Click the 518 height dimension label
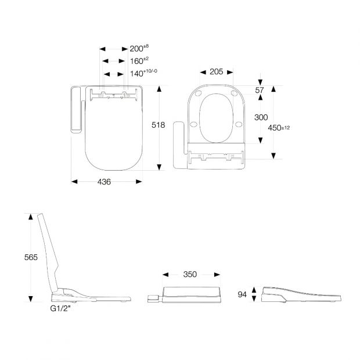pyautogui.click(x=158, y=125)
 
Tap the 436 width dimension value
pyautogui.click(x=104, y=182)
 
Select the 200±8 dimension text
pyautogui.click(x=139, y=48)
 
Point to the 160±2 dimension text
pyautogui.click(x=139, y=61)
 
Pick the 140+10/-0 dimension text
pyautogui.click(x=144, y=73)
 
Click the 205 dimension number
pyautogui.click(x=216, y=71)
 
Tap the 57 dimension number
pyautogui.click(x=260, y=90)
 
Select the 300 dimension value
pyautogui.click(x=261, y=117)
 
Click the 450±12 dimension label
pyautogui.click(x=279, y=128)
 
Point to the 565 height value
pyautogui.click(x=31, y=257)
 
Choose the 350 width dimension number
pyautogui.click(x=190, y=275)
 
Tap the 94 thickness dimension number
pyautogui.click(x=242, y=294)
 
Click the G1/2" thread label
pyautogui.click(x=60, y=308)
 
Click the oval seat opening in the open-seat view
pyautogui.click(x=216, y=118)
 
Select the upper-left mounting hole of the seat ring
pyautogui.click(x=198, y=93)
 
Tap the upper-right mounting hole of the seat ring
pyautogui.click(x=234, y=93)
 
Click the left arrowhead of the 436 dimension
pyautogui.click(x=74, y=182)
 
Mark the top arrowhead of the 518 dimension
pyautogui.click(x=159, y=89)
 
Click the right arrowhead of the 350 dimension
pyautogui.click(x=217, y=275)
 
